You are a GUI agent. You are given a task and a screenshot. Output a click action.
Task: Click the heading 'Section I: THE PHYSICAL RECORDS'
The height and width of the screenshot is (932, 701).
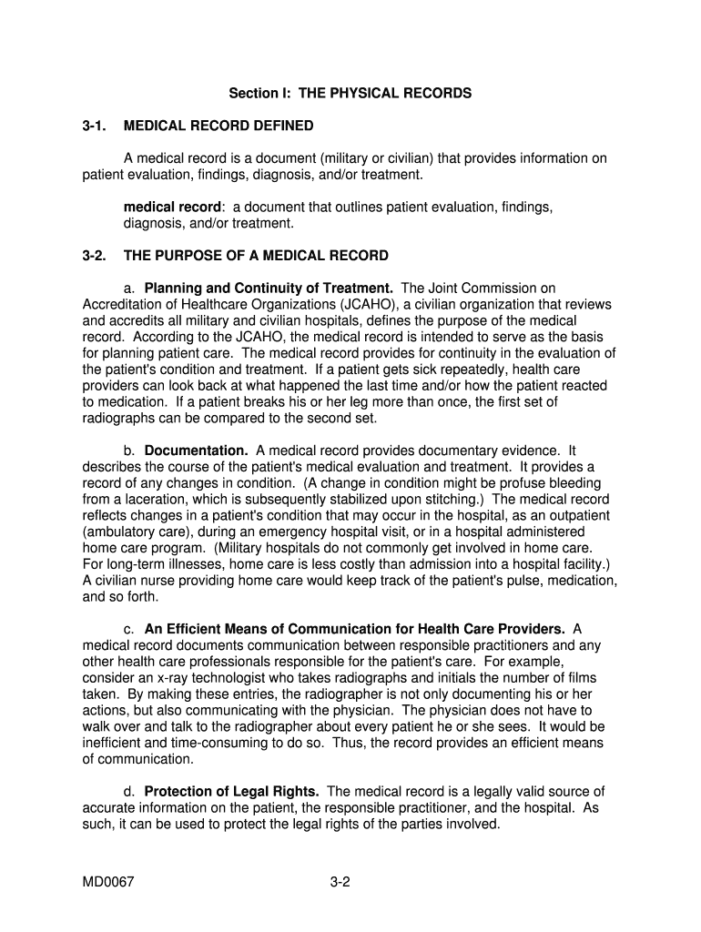(x=350, y=93)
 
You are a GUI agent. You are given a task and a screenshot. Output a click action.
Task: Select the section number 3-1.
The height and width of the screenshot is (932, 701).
(x=94, y=126)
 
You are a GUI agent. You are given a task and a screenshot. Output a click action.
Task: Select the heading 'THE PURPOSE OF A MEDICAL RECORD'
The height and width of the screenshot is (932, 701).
(x=256, y=256)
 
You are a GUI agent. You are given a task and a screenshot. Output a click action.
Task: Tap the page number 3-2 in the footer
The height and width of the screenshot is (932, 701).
(x=340, y=881)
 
